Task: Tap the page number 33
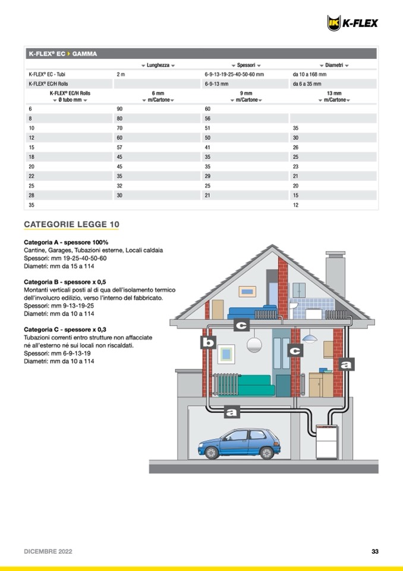375,551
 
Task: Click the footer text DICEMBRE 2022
48,551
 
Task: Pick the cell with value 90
119,109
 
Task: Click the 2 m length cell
121,74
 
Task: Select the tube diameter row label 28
32,195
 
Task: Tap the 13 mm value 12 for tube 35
296,205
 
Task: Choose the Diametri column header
333,64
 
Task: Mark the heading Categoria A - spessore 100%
66,242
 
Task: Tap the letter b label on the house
208,342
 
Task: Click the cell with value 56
208,118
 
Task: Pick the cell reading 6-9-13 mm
221,84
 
